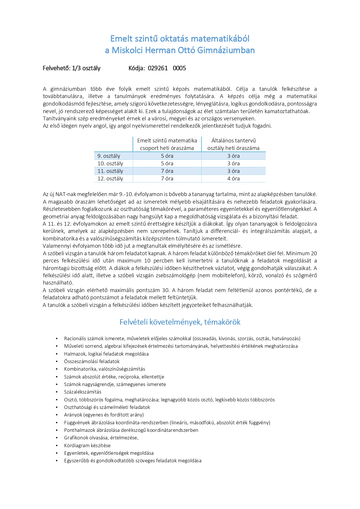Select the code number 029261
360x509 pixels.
point(158,68)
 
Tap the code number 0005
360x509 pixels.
point(179,68)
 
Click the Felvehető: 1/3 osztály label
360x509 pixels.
point(71,68)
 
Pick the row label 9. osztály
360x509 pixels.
point(109,156)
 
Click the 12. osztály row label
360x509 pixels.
point(110,179)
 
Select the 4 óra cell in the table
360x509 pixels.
point(234,179)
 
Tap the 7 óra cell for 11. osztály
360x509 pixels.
point(167,171)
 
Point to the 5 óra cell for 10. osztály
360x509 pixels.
point(167,164)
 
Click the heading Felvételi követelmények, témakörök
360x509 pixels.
point(180,322)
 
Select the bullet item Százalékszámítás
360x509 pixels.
point(83,392)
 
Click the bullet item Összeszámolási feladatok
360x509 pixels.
point(92,362)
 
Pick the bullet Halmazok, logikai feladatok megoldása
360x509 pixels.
point(106,354)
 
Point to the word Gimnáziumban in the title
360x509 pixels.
point(226,50)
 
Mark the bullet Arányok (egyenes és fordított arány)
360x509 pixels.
point(104,415)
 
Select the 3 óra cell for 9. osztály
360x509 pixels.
point(234,156)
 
